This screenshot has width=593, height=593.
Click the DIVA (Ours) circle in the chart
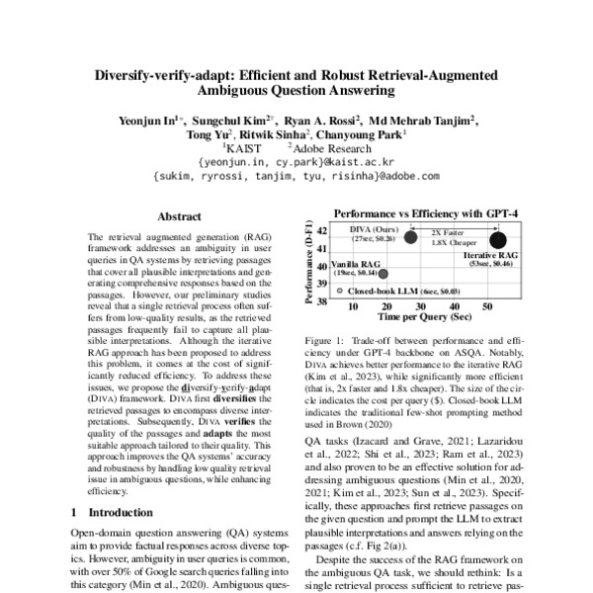click(x=410, y=237)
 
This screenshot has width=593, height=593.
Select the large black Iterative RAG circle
click(x=498, y=238)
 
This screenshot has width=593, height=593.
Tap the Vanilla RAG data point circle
click(x=383, y=274)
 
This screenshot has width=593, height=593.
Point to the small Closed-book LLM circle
click(x=339, y=292)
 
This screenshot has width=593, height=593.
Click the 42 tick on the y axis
click(x=321, y=231)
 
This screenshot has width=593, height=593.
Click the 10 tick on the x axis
click(x=353, y=308)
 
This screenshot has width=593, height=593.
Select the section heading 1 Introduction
click(x=115, y=513)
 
